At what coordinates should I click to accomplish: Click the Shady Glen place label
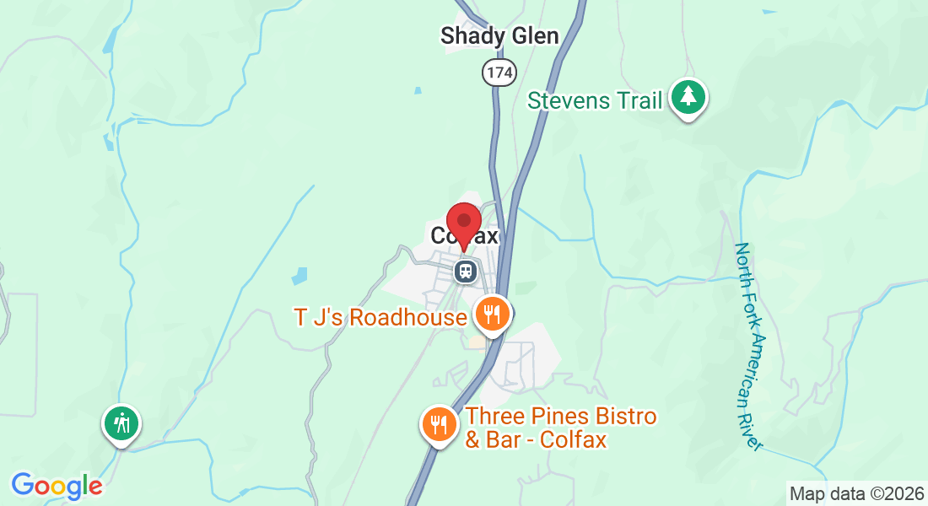click(x=499, y=35)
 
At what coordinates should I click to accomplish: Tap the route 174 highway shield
click(x=499, y=73)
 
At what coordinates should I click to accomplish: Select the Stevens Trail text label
click(x=594, y=100)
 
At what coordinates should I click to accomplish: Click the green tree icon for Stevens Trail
click(x=688, y=96)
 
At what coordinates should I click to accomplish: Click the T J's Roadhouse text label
click(x=380, y=317)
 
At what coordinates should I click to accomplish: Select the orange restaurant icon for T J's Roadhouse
click(x=492, y=315)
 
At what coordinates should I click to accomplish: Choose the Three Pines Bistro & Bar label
click(x=560, y=428)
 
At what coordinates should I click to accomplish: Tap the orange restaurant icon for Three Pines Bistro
click(x=438, y=423)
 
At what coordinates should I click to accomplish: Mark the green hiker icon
click(x=121, y=422)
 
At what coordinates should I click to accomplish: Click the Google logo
click(x=57, y=486)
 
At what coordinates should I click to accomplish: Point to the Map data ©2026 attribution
click(x=856, y=493)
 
